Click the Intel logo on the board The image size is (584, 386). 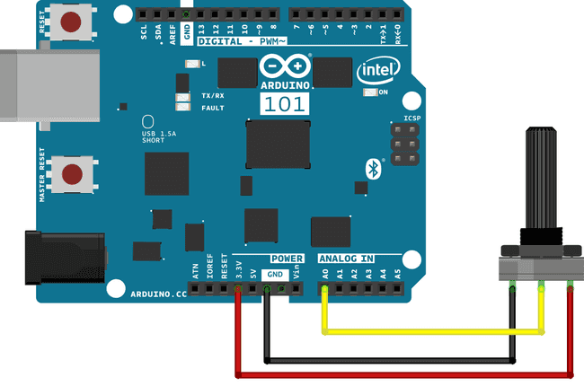(x=377, y=71)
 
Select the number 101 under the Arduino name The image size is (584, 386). (x=287, y=103)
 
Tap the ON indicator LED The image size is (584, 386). (x=368, y=92)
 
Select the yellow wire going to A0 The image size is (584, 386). (x=431, y=331)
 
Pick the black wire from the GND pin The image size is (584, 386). (x=386, y=361)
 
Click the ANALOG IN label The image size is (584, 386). (x=346, y=259)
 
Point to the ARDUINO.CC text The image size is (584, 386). (x=159, y=294)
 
